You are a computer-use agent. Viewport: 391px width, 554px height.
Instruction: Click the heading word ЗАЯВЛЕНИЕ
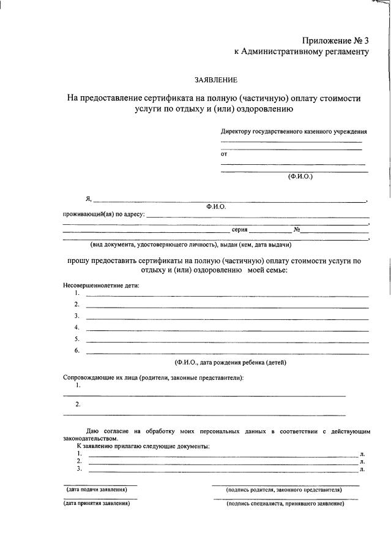216,80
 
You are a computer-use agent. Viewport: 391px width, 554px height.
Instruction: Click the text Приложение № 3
337,41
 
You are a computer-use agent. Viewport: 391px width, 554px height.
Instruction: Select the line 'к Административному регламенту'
302,52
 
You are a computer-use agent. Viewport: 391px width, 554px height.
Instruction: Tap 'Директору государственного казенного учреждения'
294,132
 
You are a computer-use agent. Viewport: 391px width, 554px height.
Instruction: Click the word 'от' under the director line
224,154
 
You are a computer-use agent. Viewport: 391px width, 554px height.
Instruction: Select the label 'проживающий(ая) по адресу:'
104,215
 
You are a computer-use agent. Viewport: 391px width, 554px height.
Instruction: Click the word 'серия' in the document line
239,230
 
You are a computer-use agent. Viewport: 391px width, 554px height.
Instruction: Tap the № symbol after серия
296,230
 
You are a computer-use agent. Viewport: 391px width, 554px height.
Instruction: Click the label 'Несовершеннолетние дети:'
102,286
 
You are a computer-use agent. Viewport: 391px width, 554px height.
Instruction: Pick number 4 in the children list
77,327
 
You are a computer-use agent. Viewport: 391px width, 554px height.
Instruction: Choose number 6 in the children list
77,351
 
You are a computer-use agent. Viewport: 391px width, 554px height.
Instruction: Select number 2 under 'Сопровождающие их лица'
78,404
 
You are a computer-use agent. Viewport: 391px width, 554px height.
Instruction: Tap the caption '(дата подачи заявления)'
97,490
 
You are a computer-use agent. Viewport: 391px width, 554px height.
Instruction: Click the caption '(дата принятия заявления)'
97,504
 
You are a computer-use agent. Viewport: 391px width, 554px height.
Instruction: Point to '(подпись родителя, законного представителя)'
284,490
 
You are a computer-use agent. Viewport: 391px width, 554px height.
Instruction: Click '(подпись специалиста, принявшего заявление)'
285,504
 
